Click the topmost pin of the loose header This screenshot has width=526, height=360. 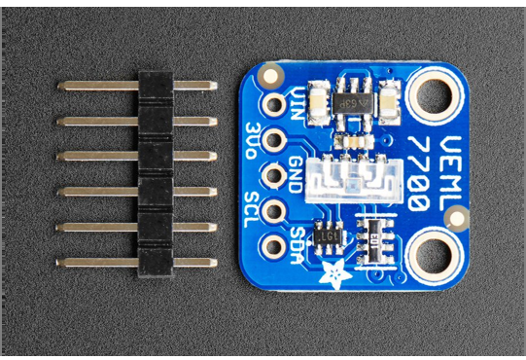pos(136,86)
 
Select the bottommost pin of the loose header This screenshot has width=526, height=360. pos(136,261)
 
